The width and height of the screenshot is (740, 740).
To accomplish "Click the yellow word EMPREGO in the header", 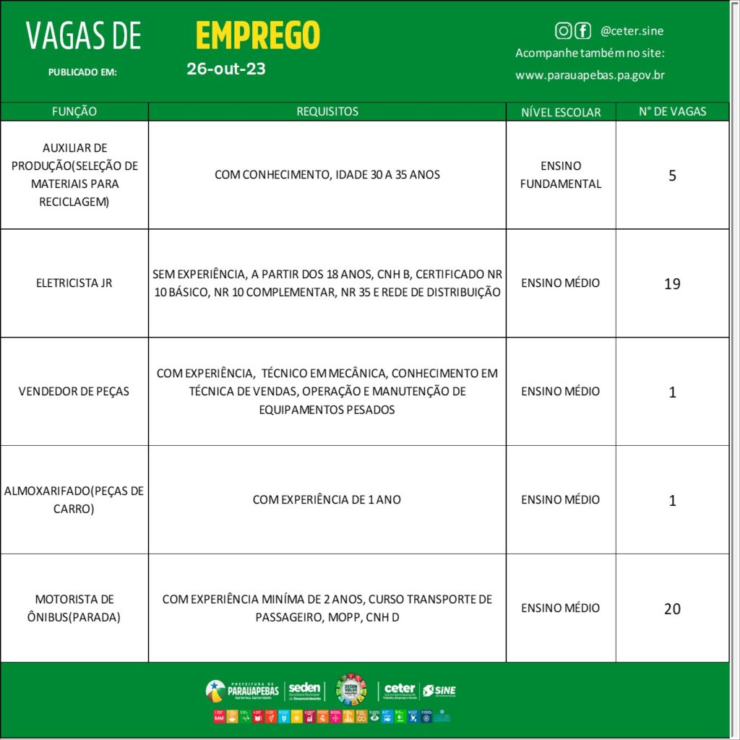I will click(257, 35).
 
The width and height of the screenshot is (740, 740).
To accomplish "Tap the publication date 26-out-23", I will click(225, 69).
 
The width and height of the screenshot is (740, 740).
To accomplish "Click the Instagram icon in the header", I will click(563, 30).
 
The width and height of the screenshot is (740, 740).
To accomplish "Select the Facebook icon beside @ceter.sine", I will click(582, 30).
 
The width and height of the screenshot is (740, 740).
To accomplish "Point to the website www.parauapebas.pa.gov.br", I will click(590, 75).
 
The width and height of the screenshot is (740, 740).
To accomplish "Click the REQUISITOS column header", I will click(327, 111).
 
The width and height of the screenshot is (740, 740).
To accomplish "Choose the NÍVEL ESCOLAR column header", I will click(561, 112).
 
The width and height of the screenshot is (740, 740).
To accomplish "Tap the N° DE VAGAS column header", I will click(672, 111).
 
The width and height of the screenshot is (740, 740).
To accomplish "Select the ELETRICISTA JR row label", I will click(74, 283).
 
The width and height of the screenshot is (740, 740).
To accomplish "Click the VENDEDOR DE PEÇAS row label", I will click(74, 391).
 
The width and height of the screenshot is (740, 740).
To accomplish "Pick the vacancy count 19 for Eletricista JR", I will click(672, 284).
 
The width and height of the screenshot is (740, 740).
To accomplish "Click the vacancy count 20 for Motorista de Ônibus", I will click(672, 609).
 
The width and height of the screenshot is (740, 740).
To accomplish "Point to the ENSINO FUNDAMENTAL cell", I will click(561, 175).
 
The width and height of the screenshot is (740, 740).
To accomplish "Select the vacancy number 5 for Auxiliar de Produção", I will click(672, 176).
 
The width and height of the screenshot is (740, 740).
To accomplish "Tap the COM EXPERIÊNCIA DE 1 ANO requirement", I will click(327, 499).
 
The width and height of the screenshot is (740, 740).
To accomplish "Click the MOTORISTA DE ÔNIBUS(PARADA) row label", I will click(74, 608).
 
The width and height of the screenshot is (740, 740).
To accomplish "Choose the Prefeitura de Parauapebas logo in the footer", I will click(242, 691).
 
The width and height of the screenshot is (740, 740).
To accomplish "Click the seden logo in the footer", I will click(304, 691).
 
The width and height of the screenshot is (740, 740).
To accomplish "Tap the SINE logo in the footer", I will click(439, 691).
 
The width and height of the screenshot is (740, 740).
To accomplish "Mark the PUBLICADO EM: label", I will click(82, 72).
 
